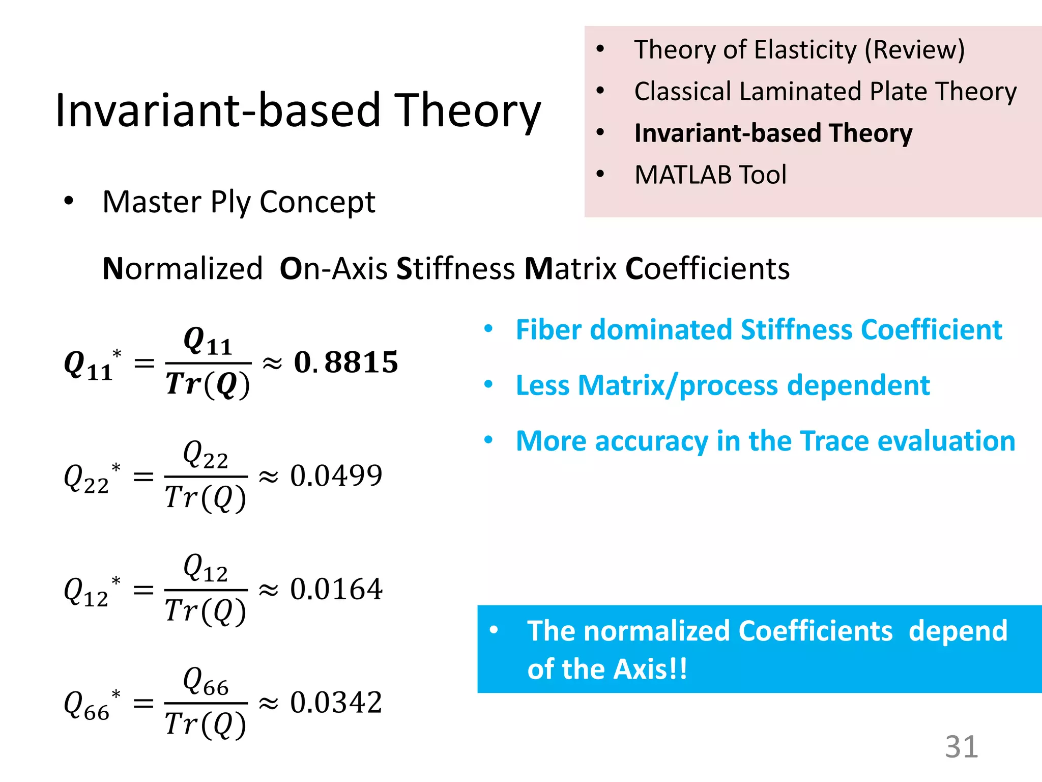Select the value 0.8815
point(346,362)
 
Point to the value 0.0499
point(336,476)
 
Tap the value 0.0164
point(336,590)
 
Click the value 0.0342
point(336,703)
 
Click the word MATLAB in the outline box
point(683,175)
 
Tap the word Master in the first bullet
point(152,202)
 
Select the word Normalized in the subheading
point(182,268)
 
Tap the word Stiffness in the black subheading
point(455,268)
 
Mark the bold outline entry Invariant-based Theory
point(773,133)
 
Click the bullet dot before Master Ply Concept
point(69,202)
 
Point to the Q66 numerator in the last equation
point(206,681)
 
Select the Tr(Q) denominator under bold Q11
point(208,384)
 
